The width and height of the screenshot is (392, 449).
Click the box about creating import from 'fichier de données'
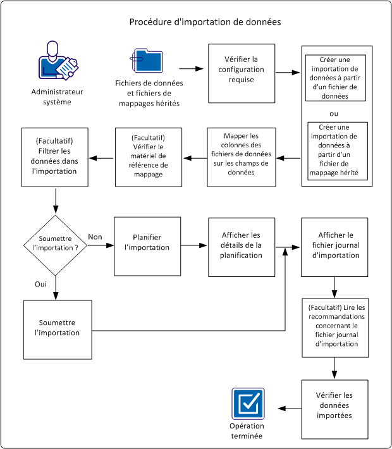pos(335,78)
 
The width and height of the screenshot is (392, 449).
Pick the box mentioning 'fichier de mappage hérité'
pos(335,151)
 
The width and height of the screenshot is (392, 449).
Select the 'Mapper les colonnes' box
pos(243,157)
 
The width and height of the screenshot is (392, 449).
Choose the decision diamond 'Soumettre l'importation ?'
pos(57,245)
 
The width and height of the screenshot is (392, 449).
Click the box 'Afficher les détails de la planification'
pos(242,246)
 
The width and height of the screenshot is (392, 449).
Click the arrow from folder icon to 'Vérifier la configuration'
pos(193,67)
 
